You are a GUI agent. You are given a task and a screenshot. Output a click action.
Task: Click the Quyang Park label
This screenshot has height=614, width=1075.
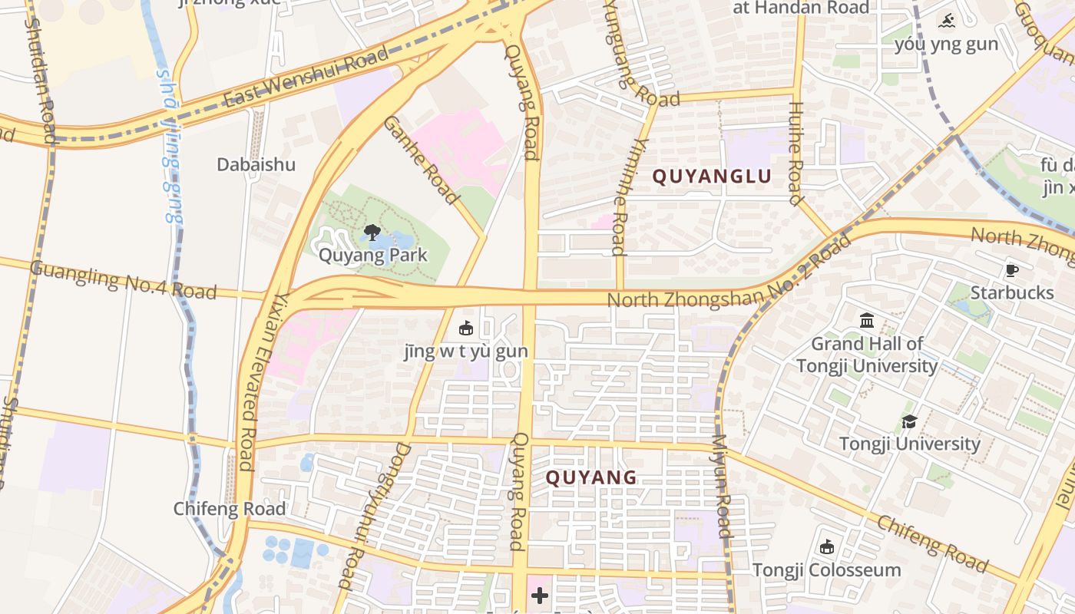372,255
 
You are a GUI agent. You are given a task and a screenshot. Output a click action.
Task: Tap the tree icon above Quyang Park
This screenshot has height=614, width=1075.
372,232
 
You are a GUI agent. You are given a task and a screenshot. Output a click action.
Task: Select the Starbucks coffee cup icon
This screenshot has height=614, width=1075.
1012,270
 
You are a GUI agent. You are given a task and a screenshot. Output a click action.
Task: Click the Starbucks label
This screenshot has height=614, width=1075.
1012,292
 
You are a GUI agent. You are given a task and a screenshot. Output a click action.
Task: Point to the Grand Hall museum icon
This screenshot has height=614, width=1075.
867,319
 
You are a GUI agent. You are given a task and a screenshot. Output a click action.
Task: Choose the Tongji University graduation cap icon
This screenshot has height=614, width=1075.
909,421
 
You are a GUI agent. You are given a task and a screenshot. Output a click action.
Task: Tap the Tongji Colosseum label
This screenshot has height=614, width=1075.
826,570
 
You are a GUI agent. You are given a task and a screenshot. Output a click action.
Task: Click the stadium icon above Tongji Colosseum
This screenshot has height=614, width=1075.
826,547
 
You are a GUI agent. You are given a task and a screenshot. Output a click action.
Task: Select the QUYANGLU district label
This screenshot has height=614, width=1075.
712,177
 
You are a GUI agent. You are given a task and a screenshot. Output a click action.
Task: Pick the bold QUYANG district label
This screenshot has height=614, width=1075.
591,477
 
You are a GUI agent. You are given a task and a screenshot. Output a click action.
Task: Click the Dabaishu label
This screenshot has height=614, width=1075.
256,164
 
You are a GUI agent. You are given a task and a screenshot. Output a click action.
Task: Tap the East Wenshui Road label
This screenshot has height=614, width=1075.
306,78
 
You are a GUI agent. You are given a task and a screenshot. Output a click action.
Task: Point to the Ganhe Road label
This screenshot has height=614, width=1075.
421,160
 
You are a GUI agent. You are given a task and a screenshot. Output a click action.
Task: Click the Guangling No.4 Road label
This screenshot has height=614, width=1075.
123,279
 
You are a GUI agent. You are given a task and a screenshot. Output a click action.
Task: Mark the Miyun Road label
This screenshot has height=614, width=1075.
723,486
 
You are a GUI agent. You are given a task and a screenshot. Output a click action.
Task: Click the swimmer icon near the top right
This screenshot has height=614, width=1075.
946,21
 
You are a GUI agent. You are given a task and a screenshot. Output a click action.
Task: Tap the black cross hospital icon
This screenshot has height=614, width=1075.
540,595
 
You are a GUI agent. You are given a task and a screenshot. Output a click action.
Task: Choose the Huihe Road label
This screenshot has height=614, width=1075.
796,153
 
